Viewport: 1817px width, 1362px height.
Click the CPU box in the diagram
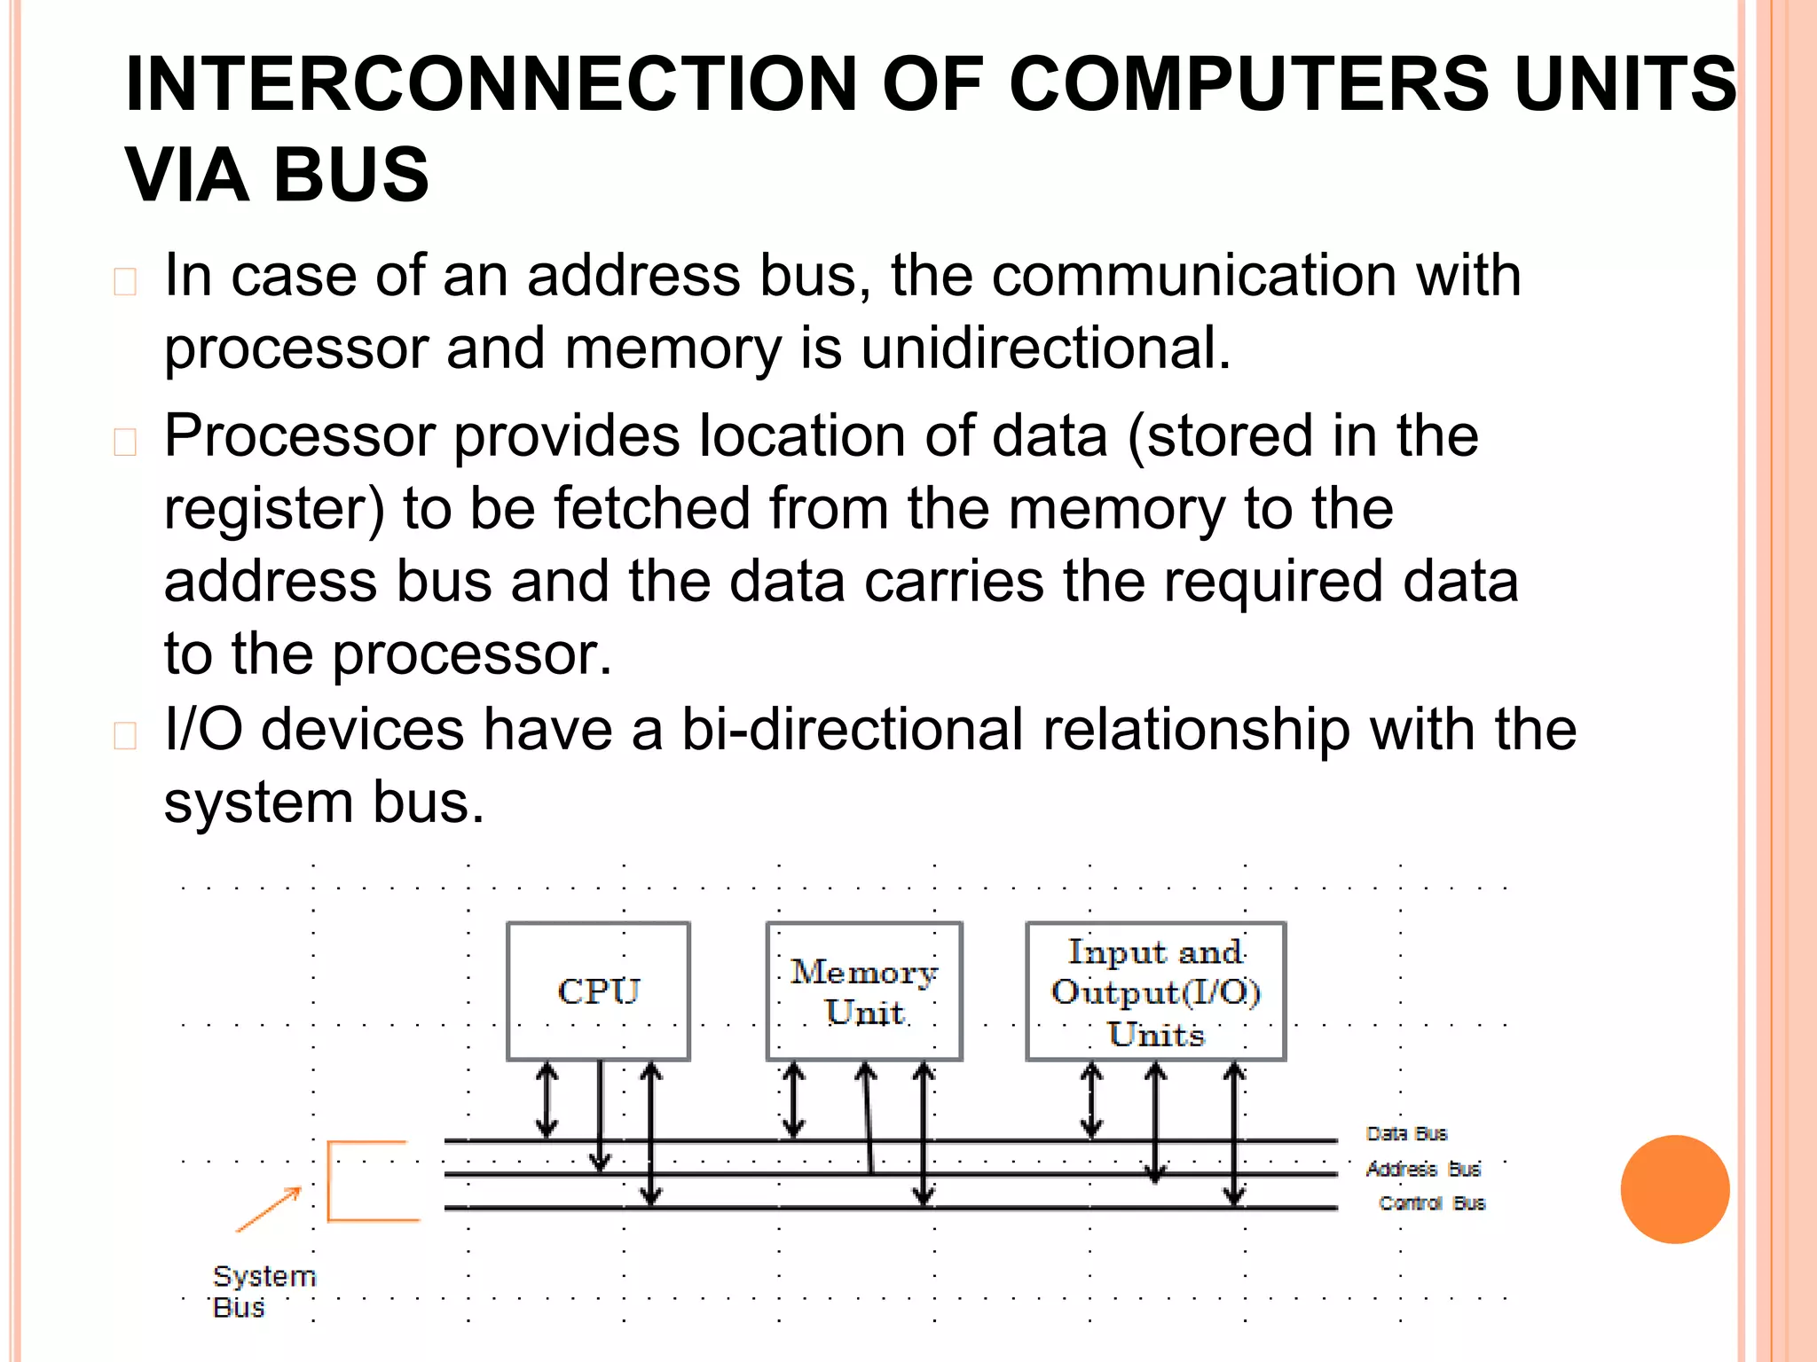point(598,990)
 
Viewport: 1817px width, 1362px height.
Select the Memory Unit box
point(864,990)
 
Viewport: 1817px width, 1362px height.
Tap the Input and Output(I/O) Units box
point(1155,990)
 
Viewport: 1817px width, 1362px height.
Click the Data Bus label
point(1406,1134)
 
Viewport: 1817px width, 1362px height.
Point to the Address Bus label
point(1423,1170)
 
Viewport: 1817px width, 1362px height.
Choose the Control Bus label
point(1431,1203)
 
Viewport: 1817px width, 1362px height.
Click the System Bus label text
point(263,1291)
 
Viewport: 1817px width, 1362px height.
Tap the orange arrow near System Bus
point(269,1209)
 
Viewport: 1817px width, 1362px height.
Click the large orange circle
point(1674,1189)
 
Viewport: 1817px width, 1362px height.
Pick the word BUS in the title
point(351,175)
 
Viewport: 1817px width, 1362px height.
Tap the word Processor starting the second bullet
point(300,436)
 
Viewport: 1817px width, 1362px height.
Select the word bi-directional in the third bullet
point(852,730)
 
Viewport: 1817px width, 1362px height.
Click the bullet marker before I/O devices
point(125,736)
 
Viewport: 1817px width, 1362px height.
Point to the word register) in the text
point(274,509)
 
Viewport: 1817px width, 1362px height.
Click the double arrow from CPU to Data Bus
point(547,1100)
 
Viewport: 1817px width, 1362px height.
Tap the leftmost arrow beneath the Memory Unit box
point(793,1100)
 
